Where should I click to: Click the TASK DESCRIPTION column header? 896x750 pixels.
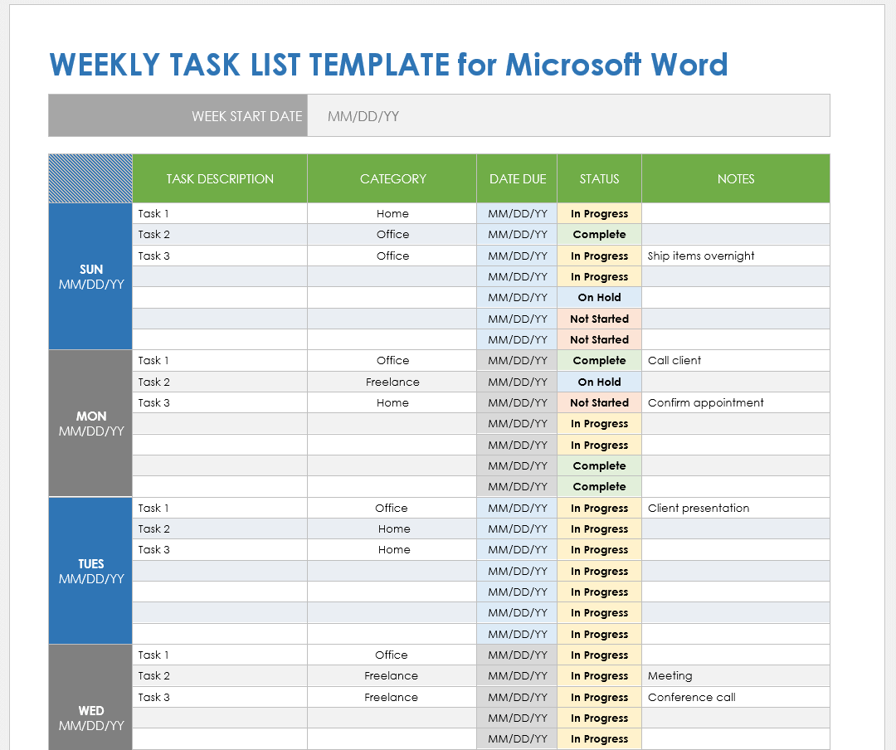(220, 178)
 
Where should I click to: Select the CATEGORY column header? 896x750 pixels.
(392, 178)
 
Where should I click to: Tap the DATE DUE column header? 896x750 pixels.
(518, 178)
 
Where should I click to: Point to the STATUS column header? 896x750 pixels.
(599, 178)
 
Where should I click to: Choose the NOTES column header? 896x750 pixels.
(736, 178)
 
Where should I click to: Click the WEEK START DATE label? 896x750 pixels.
(246, 116)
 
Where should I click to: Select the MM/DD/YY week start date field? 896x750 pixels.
(363, 116)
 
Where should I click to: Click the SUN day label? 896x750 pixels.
(91, 270)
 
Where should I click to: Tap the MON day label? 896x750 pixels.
(91, 416)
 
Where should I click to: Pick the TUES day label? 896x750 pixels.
(91, 564)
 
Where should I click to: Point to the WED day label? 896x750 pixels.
(91, 711)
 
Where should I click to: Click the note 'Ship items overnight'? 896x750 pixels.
(701, 256)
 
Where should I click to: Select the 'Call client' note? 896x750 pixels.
(674, 360)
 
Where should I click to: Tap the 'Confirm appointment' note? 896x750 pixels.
(706, 402)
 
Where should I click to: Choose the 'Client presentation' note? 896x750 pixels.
(699, 508)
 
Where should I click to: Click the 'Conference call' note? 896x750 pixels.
(692, 697)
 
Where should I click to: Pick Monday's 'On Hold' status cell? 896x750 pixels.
(599, 382)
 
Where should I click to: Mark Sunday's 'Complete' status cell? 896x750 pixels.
(599, 234)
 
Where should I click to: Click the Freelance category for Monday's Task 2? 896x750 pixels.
(392, 382)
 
